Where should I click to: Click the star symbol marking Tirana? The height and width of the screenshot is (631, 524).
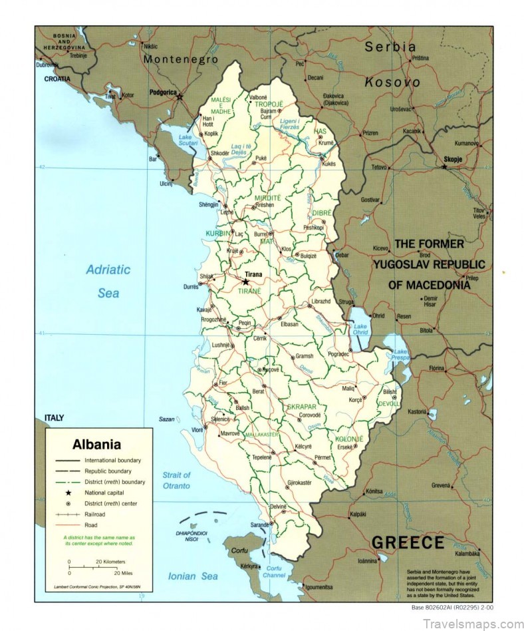(x=245, y=282)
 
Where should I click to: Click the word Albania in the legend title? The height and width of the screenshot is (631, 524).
(x=96, y=444)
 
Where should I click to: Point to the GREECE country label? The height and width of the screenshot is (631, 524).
(x=408, y=542)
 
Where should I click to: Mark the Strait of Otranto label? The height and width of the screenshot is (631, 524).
(x=176, y=480)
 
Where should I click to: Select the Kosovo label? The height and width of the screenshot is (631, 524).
(x=392, y=83)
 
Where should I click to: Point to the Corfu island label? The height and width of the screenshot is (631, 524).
(x=239, y=552)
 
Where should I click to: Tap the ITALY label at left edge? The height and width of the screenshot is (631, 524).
(x=54, y=417)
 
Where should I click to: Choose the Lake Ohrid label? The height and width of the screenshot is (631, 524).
(x=360, y=329)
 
